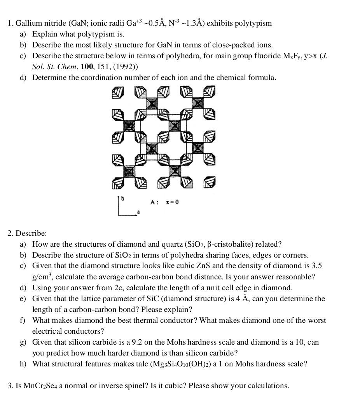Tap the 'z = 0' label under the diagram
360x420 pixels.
(x=172, y=202)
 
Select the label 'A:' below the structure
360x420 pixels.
(x=154, y=202)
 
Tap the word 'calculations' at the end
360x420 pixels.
(x=268, y=386)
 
